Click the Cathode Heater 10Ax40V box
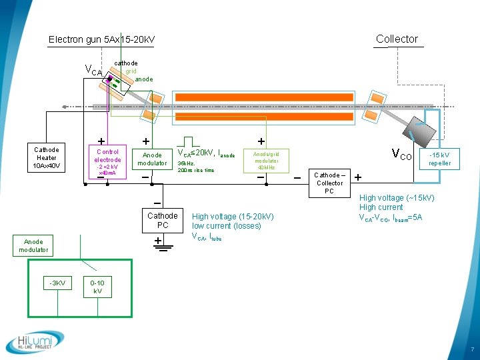(x=47, y=158)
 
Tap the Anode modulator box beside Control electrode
(x=152, y=159)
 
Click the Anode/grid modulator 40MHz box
(x=265, y=160)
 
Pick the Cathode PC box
(x=163, y=221)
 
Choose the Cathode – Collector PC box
(x=329, y=183)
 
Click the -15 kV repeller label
(x=439, y=159)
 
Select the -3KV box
(x=57, y=283)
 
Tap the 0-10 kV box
(x=97, y=287)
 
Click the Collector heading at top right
(x=397, y=39)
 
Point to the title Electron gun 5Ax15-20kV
(x=101, y=40)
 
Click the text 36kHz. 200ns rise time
(x=196, y=167)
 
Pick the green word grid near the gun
(x=131, y=71)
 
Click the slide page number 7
(x=472, y=349)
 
